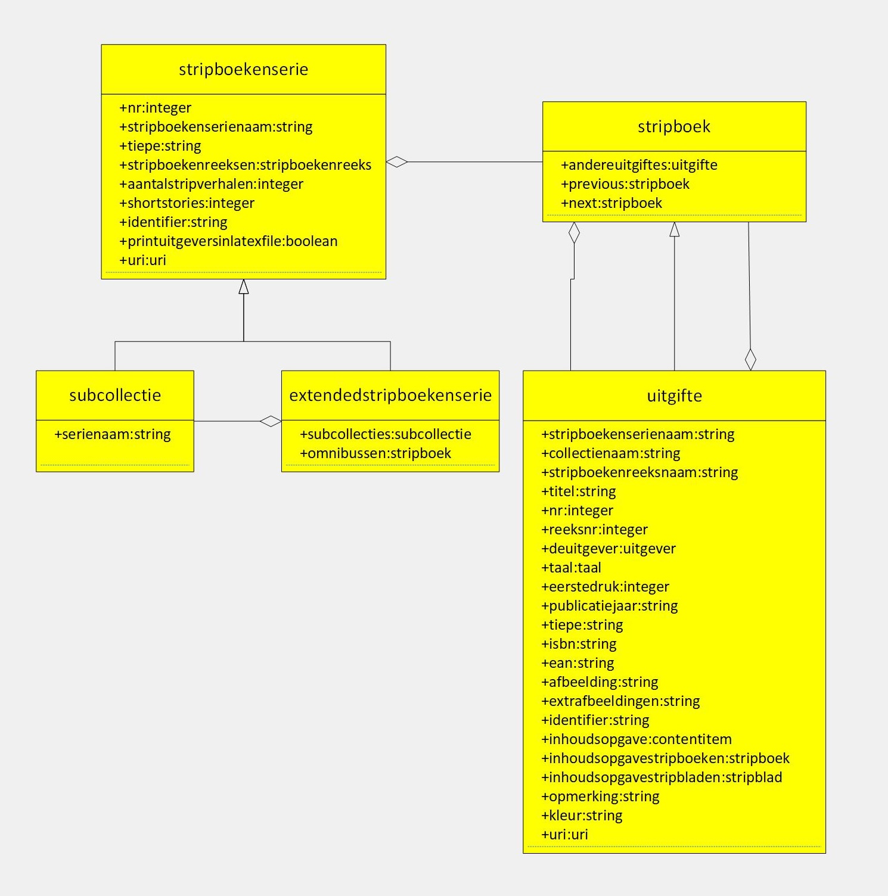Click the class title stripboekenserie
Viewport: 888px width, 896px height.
[243, 69]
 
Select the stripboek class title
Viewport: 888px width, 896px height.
[673, 126]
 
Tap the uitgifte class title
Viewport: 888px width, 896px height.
[674, 396]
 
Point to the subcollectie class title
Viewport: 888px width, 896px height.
[115, 395]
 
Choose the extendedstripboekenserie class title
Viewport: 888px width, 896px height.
[390, 395]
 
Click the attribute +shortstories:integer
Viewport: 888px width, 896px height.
[187, 203]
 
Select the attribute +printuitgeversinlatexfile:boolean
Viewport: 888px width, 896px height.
[228, 241]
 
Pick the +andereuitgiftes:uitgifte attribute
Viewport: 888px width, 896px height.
[639, 165]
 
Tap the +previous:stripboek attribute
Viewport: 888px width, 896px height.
[625, 184]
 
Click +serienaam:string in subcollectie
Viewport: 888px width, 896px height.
[112, 434]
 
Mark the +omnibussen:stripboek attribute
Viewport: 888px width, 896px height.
[375, 453]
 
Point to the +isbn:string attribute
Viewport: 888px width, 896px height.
[579, 644]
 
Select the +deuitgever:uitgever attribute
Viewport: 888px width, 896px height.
[608, 549]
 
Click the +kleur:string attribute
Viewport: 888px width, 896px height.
[582, 816]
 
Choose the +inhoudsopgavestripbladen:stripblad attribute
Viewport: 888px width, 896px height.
[662, 777]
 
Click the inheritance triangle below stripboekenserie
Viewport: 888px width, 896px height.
[243, 287]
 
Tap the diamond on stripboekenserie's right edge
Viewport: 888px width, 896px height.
[397, 161]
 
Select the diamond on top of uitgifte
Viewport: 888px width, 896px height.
[750, 359]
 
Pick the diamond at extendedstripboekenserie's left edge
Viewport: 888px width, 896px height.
[271, 421]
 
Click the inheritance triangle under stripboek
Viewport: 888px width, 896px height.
[674, 229]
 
